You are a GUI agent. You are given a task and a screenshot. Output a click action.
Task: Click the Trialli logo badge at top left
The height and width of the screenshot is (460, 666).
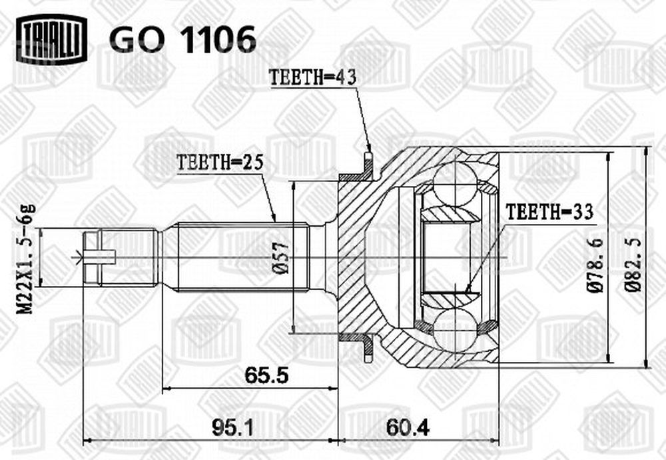[51, 39]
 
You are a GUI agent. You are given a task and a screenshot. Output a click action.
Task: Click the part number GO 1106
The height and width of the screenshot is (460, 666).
[183, 39]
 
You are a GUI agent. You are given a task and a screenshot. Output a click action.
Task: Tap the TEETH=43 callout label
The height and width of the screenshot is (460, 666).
[313, 78]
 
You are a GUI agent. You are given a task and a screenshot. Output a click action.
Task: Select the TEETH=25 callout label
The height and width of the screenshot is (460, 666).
[220, 162]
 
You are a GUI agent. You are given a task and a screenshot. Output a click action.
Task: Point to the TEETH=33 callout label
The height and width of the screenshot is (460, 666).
[549, 212]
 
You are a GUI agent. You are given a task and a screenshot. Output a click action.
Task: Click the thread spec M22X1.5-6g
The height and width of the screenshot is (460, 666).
[27, 259]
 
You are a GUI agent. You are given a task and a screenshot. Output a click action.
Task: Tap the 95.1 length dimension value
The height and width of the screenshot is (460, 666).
[233, 428]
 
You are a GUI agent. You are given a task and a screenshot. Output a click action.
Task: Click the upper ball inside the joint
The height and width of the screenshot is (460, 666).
[454, 184]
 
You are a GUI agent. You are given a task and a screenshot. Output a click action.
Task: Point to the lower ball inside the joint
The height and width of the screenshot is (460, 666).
[455, 331]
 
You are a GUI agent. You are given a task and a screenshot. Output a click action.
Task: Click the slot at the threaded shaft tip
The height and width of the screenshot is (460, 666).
[99, 257]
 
